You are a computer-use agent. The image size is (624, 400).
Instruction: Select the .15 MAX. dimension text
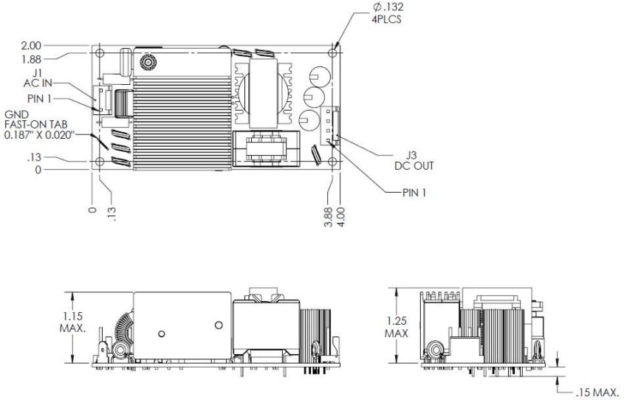(594, 393)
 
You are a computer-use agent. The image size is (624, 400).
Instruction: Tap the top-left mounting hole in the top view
(101, 54)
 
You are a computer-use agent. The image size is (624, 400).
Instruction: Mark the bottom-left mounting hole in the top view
(101, 162)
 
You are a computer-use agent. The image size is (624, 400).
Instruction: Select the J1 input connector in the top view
(103, 100)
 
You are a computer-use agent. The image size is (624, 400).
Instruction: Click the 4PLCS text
(387, 19)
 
